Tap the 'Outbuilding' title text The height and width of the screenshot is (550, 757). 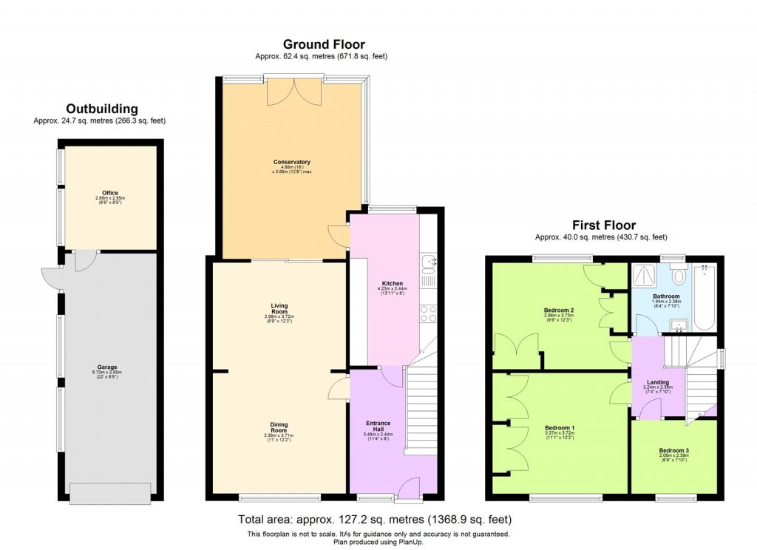coord(102,109)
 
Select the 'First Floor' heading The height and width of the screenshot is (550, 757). coord(603,225)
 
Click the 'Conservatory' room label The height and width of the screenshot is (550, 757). coord(291,162)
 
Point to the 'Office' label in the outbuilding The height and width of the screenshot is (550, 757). coord(110,193)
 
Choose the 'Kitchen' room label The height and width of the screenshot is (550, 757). coord(391,284)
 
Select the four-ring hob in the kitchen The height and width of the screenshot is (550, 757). coord(429,313)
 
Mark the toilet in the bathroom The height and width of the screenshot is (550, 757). coord(679,275)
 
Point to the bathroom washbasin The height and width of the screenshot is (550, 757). coord(678,324)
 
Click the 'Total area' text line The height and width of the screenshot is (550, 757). coord(374,519)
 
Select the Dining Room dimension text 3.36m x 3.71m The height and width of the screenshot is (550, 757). coord(278,436)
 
